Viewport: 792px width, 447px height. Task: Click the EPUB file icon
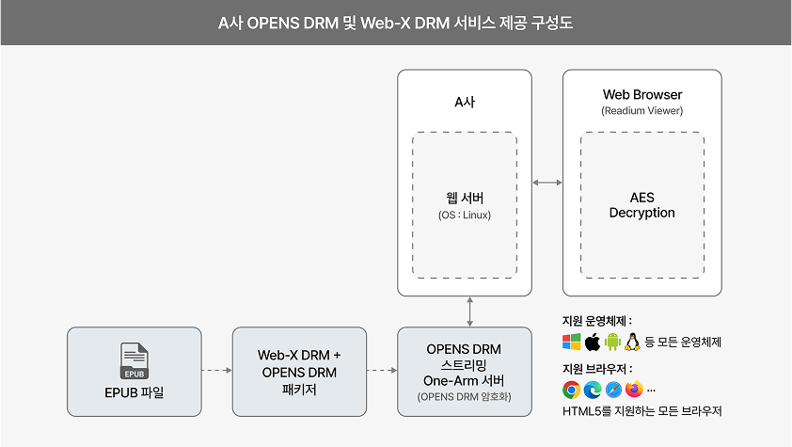135,360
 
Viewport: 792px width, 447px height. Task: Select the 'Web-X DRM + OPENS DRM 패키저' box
299,372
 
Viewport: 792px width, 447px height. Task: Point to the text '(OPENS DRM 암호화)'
464,396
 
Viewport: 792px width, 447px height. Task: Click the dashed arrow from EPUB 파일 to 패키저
216,371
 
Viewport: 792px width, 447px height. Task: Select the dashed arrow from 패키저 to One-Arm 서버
381,371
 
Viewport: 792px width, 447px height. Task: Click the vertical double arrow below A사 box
467,311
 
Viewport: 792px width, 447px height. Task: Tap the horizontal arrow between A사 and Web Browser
546,182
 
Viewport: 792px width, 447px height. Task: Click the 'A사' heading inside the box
464,103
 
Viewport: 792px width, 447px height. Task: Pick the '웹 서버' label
464,199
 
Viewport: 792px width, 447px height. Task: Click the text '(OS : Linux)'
464,216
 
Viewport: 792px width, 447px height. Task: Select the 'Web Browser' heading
642,95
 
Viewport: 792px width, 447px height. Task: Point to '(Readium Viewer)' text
642,111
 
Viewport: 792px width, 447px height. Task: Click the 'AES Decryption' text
642,205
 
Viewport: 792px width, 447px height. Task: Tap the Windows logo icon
572,342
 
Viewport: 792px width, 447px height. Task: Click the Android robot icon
613,342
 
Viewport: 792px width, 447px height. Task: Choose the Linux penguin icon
633,342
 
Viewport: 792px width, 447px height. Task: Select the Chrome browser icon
571,389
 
